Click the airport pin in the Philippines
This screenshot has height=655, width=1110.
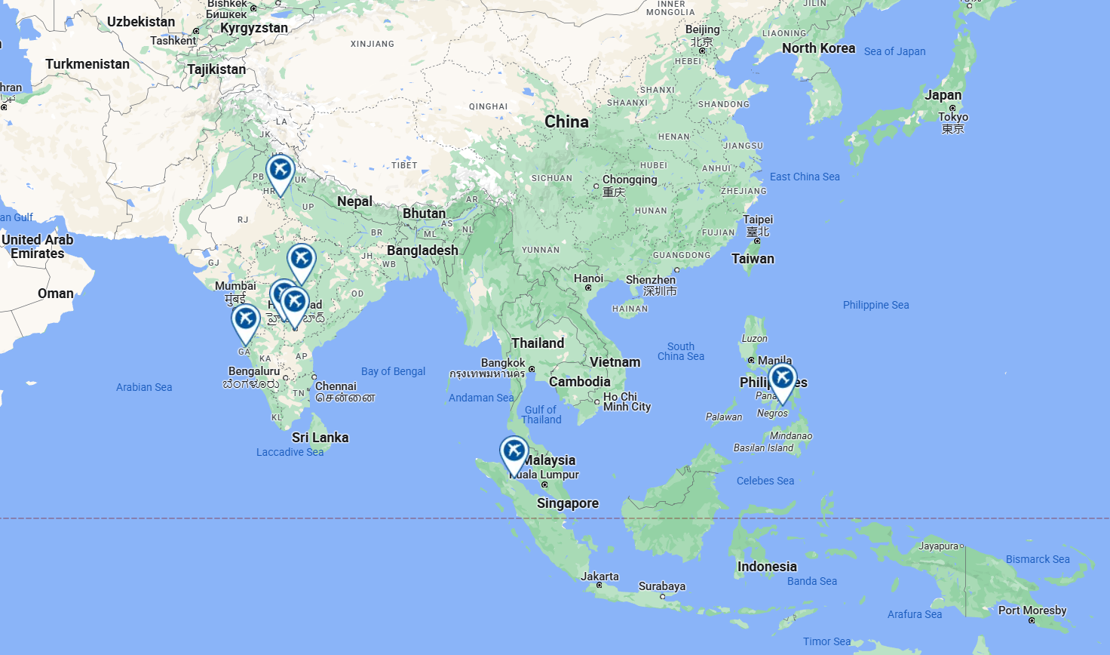(783, 378)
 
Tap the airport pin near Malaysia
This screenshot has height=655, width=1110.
(514, 452)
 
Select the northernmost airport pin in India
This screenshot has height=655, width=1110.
(281, 171)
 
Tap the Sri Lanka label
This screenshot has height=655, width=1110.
(320, 438)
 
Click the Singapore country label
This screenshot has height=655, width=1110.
(568, 503)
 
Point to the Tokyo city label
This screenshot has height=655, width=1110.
(953, 117)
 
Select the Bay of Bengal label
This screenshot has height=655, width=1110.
(393, 371)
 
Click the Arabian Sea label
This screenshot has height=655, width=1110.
(144, 387)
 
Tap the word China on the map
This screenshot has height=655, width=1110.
(566, 121)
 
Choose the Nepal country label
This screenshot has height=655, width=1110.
(354, 201)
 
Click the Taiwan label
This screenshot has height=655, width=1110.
(753, 259)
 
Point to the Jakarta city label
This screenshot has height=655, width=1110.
(599, 577)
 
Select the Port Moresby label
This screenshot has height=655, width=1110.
(1032, 610)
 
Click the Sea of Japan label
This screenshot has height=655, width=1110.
(894, 51)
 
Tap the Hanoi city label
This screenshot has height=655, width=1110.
(588, 278)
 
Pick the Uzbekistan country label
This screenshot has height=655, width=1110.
(141, 22)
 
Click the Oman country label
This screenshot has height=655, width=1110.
(56, 294)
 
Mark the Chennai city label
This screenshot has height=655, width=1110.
(336, 386)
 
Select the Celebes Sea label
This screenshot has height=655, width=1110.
(765, 481)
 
